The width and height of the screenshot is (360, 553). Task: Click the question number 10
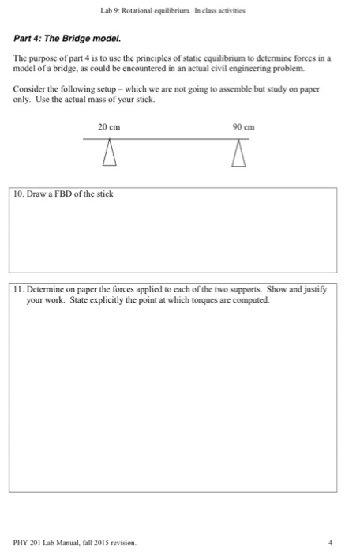click(17, 194)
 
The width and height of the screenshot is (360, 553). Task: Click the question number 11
click(17, 289)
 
